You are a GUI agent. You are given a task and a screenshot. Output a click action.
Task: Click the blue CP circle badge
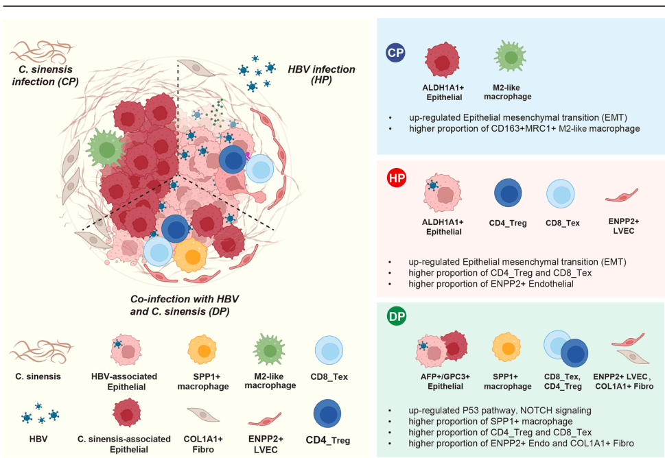(x=395, y=53)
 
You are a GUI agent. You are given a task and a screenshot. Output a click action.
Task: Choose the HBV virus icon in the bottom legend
(x=40, y=414)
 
